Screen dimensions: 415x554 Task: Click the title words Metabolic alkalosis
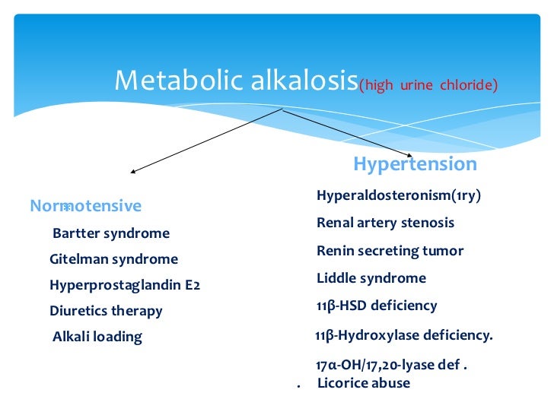point(236,81)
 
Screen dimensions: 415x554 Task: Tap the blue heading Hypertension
point(415,164)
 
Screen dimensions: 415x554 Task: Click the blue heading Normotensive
point(85,206)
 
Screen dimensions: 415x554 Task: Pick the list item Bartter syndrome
point(111,233)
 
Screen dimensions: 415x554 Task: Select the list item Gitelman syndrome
point(113,259)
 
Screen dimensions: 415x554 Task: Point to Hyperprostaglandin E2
point(124,286)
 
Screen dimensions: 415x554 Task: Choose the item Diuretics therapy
point(106,311)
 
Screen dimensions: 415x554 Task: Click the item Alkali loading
point(97,337)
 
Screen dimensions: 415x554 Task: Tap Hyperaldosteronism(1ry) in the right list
point(399,196)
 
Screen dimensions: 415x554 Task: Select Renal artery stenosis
point(385,223)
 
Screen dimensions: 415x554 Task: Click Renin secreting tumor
point(390,251)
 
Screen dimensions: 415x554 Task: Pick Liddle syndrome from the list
point(371,278)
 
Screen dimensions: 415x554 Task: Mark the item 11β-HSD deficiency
point(377,306)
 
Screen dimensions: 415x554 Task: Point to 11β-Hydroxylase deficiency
point(403,334)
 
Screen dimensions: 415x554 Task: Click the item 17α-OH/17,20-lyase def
point(391,365)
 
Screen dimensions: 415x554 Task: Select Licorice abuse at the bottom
point(363,383)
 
